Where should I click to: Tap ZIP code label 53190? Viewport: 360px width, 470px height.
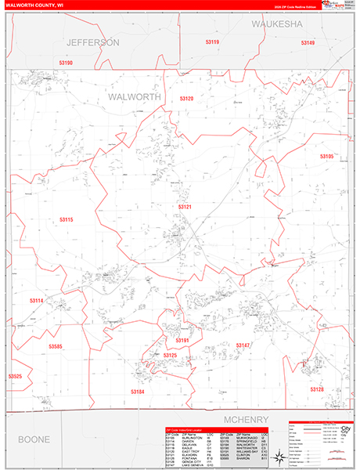point(66,63)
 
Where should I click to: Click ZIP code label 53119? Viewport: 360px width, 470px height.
point(211,42)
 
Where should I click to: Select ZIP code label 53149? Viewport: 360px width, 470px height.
point(306,42)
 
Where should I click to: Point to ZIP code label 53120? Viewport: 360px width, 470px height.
point(185,99)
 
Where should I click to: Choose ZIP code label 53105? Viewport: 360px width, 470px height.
point(326,157)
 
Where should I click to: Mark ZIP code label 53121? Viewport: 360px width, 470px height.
point(185,207)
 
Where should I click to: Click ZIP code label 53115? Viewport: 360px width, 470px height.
point(66,220)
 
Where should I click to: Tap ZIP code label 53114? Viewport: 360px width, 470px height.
point(36,301)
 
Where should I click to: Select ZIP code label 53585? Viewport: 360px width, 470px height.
point(55,345)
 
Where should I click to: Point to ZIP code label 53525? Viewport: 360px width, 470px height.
point(15,377)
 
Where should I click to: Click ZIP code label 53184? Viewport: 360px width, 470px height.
point(137,391)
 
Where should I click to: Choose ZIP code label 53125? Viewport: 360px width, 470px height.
point(170,356)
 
